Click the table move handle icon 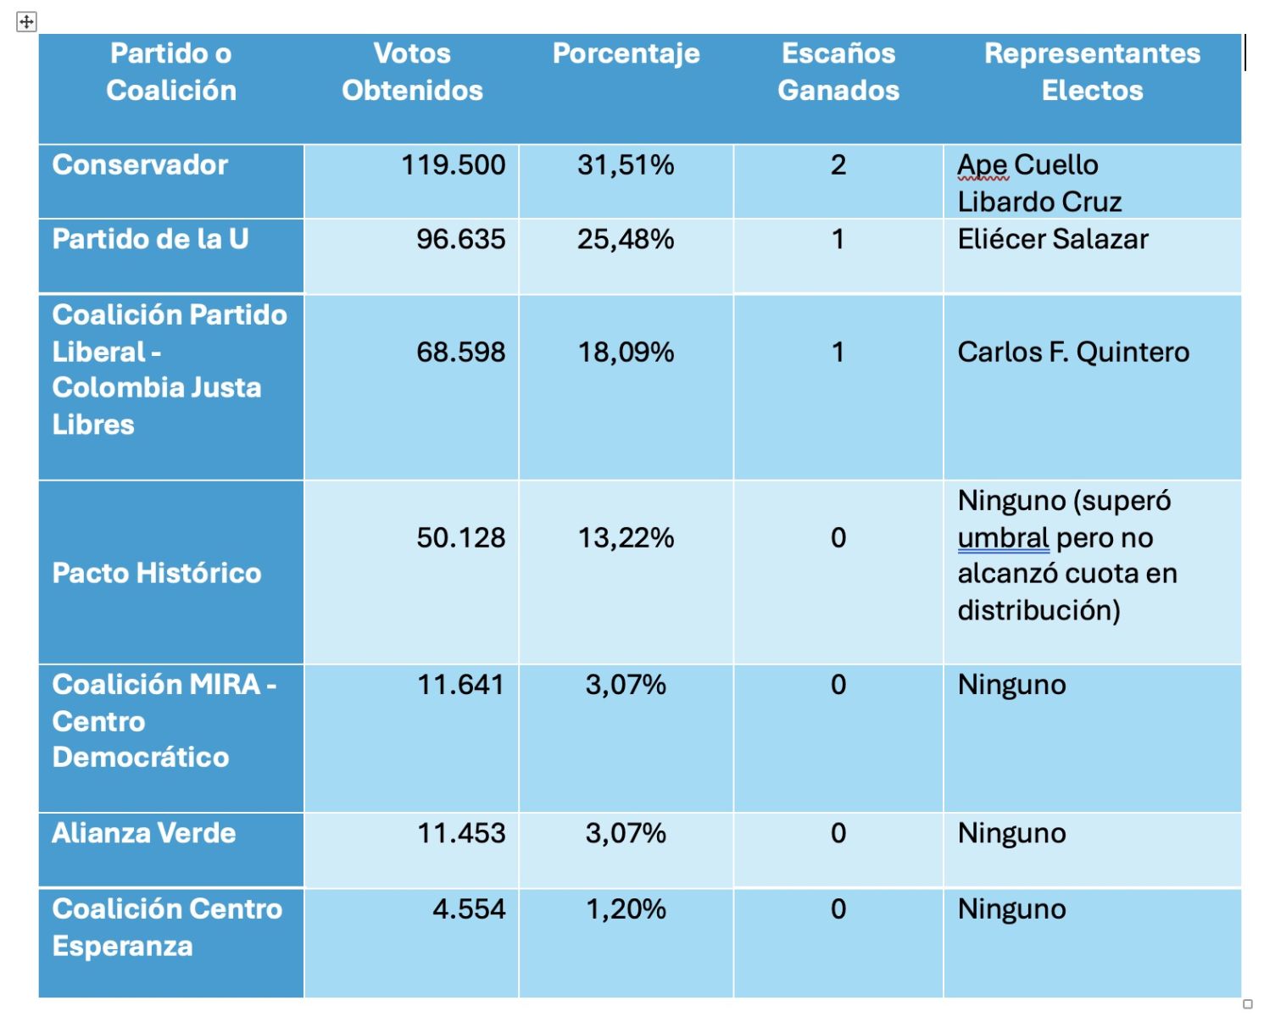pyautogui.click(x=26, y=22)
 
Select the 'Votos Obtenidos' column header pyautogui.click(x=412, y=72)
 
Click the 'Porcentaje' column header pyautogui.click(x=626, y=53)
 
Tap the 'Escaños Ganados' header pyautogui.click(x=838, y=72)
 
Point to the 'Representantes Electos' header pyautogui.click(x=1092, y=72)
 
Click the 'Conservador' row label pyautogui.click(x=140, y=164)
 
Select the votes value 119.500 pyautogui.click(x=453, y=164)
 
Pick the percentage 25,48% pyautogui.click(x=626, y=239)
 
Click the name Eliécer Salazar pyautogui.click(x=1052, y=239)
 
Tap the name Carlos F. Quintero pyautogui.click(x=1073, y=352)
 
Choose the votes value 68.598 pyautogui.click(x=460, y=352)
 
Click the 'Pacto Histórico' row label pyautogui.click(x=157, y=573)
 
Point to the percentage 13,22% pyautogui.click(x=626, y=537)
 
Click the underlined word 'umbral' pyautogui.click(x=1003, y=537)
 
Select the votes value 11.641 pyautogui.click(x=460, y=685)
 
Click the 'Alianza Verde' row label pyautogui.click(x=143, y=833)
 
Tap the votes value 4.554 pyautogui.click(x=469, y=909)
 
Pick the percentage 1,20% pyautogui.click(x=626, y=909)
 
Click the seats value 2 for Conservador pyautogui.click(x=838, y=164)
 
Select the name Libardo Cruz pyautogui.click(x=1039, y=202)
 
